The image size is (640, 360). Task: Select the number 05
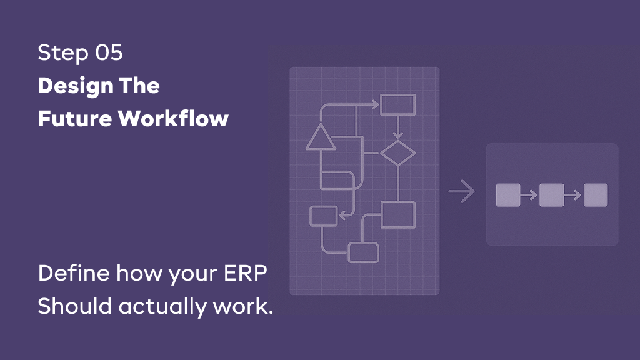pos(109,52)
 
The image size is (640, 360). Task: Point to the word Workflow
pos(173,118)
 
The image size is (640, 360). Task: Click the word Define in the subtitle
pos(74,272)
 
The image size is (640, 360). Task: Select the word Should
pos(75,306)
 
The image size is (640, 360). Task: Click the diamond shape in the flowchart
pos(398,154)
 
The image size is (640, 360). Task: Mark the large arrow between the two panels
pos(462,191)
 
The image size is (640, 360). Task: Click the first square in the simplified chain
pos(508,195)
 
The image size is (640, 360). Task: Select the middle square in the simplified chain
pos(552,195)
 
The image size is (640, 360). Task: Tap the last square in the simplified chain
pos(596,195)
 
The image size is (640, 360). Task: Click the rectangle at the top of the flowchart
pos(397,104)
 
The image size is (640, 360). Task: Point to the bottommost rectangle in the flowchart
pos(363,252)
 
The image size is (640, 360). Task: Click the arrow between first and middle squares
pos(529,195)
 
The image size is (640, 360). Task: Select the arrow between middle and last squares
pos(572,195)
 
